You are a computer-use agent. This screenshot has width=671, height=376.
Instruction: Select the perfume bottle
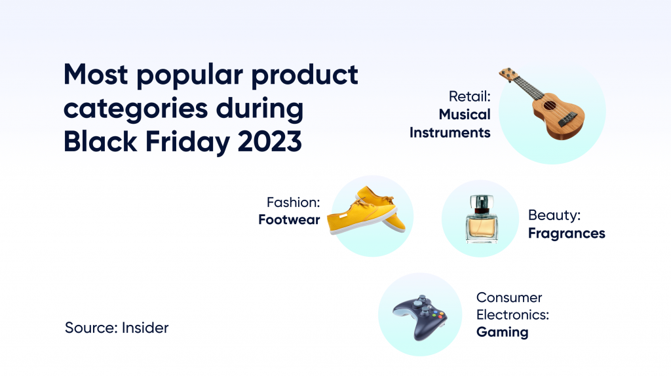pos(480,220)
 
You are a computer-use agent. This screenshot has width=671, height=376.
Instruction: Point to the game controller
pos(420,317)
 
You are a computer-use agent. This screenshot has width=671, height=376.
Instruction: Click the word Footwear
pos(289,220)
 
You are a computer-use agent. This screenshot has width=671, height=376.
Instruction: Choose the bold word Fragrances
pos(566,233)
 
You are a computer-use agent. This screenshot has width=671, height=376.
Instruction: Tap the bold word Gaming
pos(502,332)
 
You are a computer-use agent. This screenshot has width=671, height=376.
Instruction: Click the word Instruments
pos(450,132)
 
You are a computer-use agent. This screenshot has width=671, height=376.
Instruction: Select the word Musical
pos(465,115)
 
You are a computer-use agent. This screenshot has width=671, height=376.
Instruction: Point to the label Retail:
pos(470,97)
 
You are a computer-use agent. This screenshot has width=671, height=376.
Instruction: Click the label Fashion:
pos(293,202)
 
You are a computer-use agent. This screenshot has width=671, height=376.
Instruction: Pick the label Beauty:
pos(554,215)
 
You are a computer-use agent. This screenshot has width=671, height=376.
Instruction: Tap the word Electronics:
pos(512,314)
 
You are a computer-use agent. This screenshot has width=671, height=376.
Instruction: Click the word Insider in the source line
pos(145,328)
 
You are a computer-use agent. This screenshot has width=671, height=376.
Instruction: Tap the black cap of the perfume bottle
pos(480,200)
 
